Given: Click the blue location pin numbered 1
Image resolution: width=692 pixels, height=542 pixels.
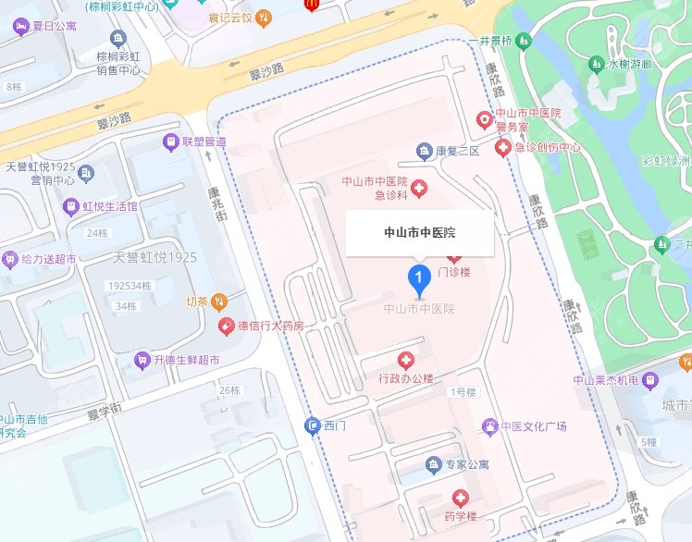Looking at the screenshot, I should pos(418,277).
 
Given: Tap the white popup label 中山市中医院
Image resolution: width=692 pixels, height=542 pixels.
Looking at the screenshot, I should pos(420,233).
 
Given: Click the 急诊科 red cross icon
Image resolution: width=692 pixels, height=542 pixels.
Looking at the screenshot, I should pos(419,189).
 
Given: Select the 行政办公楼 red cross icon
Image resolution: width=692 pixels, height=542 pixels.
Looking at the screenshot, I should pos(404,360).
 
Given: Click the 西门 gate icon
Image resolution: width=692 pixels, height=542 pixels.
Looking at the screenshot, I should pos(312,425).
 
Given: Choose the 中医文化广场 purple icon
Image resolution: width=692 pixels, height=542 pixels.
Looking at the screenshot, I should pos(488,425).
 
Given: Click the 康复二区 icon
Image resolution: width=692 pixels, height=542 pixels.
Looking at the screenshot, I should pos(424,151).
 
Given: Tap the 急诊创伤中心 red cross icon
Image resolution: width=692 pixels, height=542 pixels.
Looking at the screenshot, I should pos(503,147).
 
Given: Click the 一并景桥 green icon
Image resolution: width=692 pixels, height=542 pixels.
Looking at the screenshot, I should pos(525,42).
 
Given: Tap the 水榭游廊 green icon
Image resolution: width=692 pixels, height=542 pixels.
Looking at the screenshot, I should pos(596,65).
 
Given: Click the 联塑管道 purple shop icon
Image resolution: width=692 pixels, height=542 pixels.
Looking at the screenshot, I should pos(169,142).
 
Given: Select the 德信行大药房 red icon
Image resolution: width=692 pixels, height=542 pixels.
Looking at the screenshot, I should pos(226,326).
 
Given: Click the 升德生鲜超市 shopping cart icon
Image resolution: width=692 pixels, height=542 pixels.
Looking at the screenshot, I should pos(142,359).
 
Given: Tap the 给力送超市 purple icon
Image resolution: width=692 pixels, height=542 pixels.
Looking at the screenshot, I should pos(9,258).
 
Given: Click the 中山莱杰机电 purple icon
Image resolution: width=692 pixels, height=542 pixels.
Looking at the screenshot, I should pos(650,379).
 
